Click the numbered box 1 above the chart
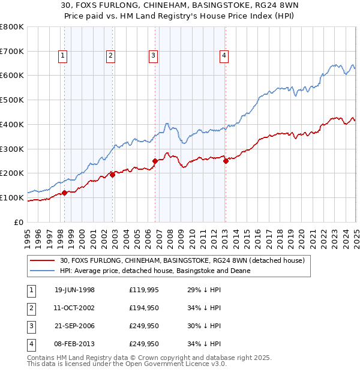click(63, 56)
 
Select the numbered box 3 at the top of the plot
click(154, 56)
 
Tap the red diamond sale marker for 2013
click(226, 161)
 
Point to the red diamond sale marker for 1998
click(65, 193)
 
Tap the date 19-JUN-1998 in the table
click(74, 290)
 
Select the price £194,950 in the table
click(144, 308)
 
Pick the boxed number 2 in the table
click(30, 308)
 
